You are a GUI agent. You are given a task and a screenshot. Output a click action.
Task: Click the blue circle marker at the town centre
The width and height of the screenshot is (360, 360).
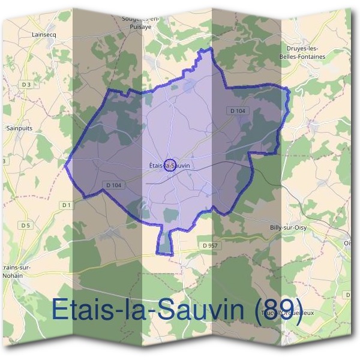[x=169, y=165]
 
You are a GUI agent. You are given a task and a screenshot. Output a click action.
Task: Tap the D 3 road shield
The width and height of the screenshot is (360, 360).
[x=25, y=85]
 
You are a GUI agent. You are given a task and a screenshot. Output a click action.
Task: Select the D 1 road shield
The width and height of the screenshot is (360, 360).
[x=66, y=206]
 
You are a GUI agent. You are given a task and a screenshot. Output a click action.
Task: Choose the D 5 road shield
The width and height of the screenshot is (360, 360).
[x=25, y=225]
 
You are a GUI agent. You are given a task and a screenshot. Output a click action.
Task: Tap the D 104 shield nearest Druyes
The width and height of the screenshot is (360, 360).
[x=238, y=110]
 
